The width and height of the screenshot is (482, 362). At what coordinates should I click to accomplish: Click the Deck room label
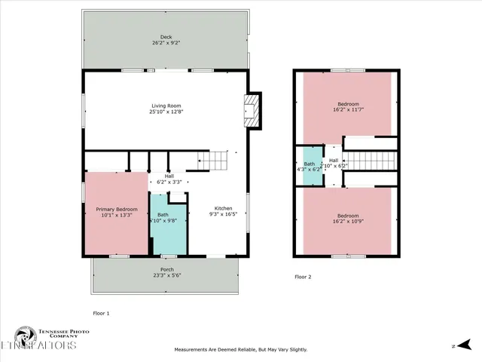[x=165, y=37]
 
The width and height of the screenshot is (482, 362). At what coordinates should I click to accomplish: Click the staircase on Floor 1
[x=216, y=161]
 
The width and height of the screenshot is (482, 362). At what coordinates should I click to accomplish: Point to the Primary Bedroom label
[x=116, y=208]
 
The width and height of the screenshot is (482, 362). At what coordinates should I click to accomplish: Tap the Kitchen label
[x=224, y=208]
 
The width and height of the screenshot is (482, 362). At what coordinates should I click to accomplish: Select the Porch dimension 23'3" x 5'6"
[x=166, y=275]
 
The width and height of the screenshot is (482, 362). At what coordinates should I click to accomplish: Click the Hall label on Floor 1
[x=169, y=176]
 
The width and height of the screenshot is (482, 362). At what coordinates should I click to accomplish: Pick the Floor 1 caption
[x=101, y=312]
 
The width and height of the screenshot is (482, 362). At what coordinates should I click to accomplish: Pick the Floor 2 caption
[x=303, y=277]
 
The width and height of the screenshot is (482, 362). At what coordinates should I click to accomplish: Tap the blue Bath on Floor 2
[x=309, y=167]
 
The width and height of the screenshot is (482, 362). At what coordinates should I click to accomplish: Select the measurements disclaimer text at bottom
[x=241, y=350]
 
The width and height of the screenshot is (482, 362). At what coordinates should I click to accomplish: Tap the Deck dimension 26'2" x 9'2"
[x=165, y=44]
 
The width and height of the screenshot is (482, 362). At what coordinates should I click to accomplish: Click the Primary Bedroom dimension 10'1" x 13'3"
[x=116, y=215]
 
